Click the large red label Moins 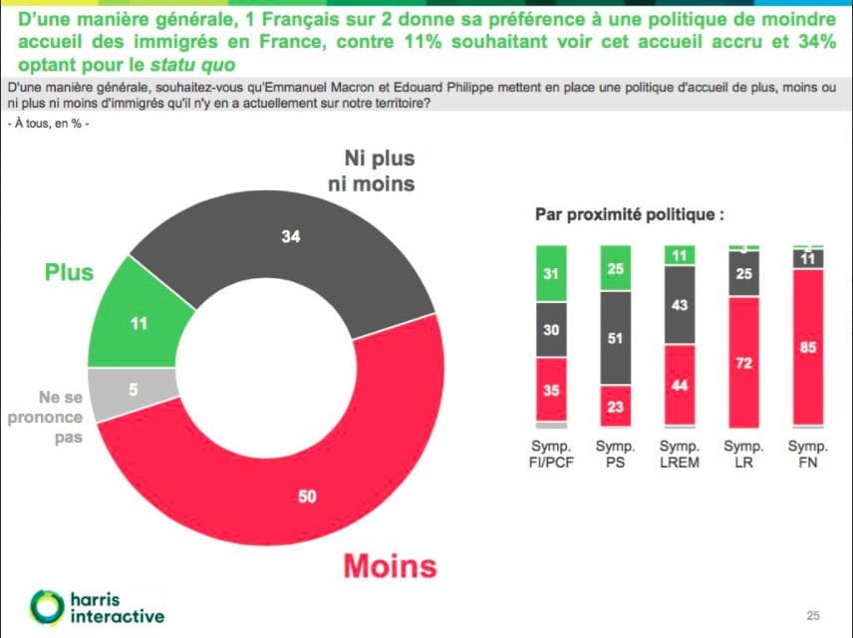point(390,565)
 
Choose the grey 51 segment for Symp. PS point(616,338)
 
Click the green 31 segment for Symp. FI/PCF point(551,271)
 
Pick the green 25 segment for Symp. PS point(616,268)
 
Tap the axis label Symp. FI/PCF point(551,455)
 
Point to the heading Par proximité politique point(629,213)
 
